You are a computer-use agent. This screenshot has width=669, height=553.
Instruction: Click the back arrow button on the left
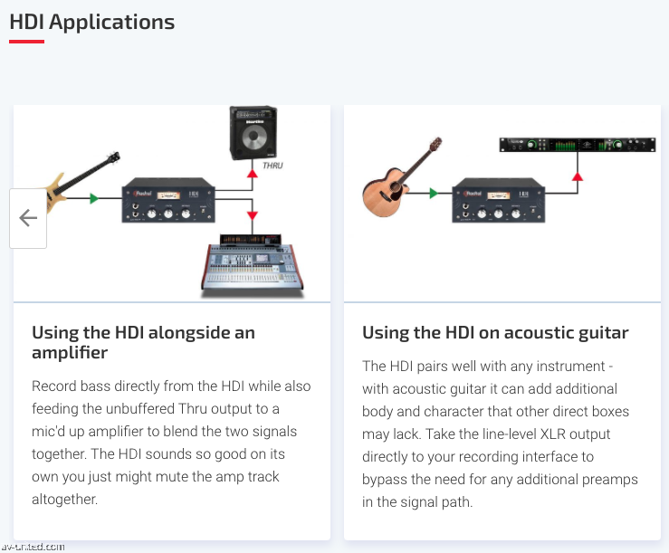click(28, 218)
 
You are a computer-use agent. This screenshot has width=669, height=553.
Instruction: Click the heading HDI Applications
click(91, 21)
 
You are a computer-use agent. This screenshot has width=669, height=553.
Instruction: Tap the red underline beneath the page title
click(26, 41)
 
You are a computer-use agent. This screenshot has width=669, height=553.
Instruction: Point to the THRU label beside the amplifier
click(272, 167)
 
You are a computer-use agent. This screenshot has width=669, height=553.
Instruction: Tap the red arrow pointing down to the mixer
click(253, 215)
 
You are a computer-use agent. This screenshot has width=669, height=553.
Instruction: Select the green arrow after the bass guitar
click(94, 197)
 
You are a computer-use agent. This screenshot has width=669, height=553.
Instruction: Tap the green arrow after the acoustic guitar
click(434, 192)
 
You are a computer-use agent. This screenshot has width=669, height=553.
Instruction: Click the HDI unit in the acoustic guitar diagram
click(498, 199)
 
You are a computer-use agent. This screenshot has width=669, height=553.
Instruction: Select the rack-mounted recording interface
click(577, 145)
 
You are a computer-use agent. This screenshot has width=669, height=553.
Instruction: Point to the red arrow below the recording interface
click(578, 175)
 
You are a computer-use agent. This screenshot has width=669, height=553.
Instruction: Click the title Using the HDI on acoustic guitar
click(495, 333)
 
